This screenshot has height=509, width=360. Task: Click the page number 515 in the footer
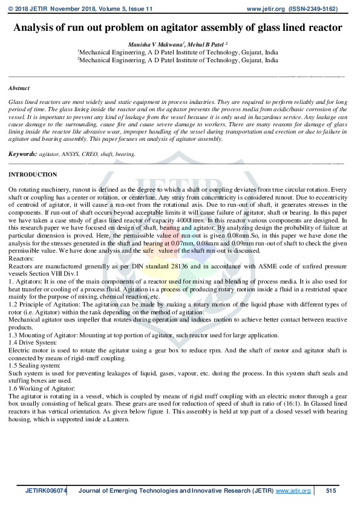click(x=331, y=490)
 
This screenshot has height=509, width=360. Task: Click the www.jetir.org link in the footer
click(x=293, y=490)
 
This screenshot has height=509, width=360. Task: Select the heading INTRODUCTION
click(x=33, y=175)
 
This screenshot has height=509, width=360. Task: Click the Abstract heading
click(x=19, y=88)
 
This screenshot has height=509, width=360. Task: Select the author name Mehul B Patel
click(x=207, y=44)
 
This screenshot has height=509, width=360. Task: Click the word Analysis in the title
click(x=36, y=28)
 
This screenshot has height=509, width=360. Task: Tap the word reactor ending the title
click(x=326, y=28)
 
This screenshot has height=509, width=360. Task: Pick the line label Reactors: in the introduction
click(x=21, y=257)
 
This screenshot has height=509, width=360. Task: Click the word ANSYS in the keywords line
click(x=79, y=154)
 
